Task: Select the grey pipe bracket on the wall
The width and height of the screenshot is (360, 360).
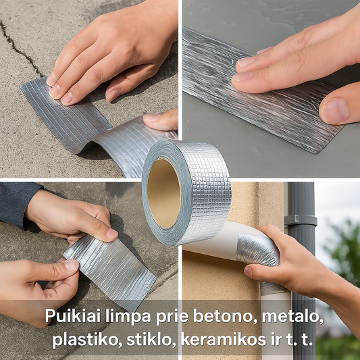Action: tap(301, 220)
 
